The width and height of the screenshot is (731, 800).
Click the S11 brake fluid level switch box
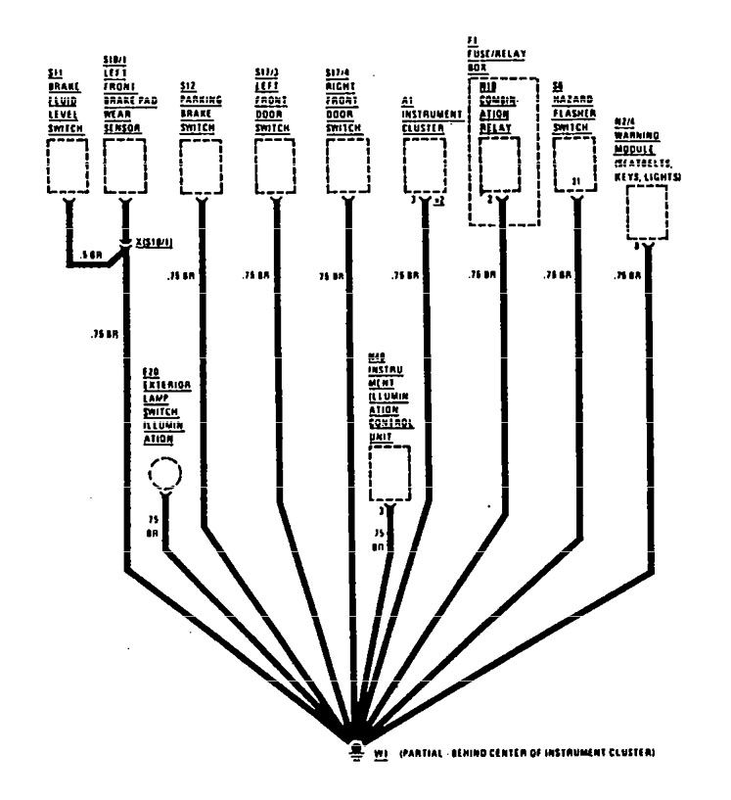tap(68, 166)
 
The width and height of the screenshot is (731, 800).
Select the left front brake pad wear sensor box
tap(124, 166)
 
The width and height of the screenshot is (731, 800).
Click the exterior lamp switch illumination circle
tap(164, 476)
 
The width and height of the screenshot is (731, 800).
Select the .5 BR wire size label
tap(90, 254)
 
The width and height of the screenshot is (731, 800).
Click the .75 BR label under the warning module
tap(627, 277)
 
